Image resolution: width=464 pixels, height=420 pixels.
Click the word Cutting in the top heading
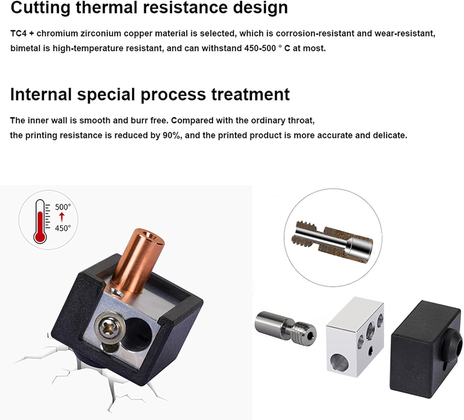pyautogui.click(x=40, y=7)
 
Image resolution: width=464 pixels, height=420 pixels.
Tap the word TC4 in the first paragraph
pyautogui.click(x=19, y=33)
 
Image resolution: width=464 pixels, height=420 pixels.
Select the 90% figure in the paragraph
pyautogui.click(x=172, y=135)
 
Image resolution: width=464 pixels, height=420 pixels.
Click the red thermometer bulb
pyautogui.click(x=40, y=237)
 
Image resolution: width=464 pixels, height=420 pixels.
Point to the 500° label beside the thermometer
pyautogui.click(x=63, y=207)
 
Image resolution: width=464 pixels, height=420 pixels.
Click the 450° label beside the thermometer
pyautogui.click(x=63, y=228)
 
